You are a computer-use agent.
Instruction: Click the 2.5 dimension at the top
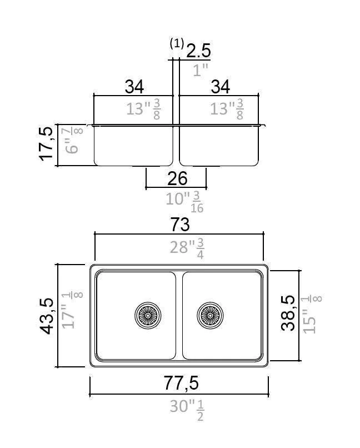click(198, 51)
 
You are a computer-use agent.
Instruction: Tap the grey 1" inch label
click(200, 70)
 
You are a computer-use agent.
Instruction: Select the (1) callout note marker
click(176, 43)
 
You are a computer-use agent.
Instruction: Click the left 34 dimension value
click(134, 87)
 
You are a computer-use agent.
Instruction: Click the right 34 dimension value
click(220, 87)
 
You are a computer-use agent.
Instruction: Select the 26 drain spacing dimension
click(177, 178)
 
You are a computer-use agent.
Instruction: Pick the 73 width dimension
click(179, 225)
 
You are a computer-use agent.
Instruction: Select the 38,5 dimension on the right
click(288, 313)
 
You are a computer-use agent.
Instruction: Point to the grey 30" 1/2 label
click(186, 409)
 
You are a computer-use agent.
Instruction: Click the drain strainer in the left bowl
click(148, 315)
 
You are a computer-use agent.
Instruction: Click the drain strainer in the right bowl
click(211, 315)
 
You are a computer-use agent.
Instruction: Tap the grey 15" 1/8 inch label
click(311, 315)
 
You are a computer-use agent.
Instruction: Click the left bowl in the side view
click(133, 146)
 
